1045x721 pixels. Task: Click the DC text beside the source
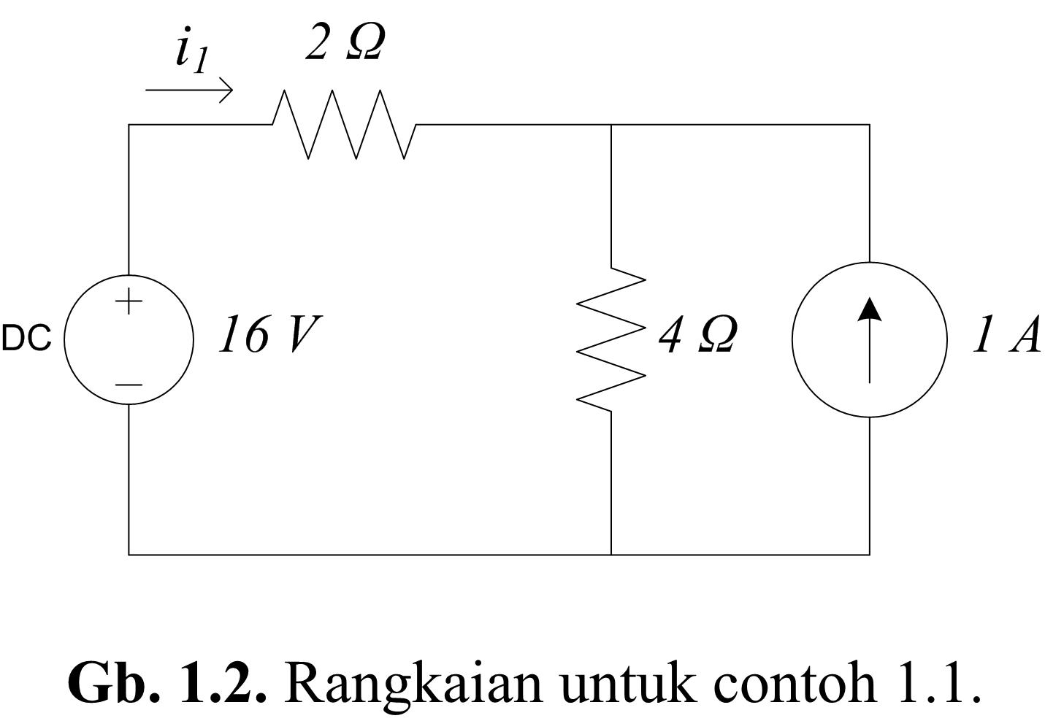pos(26,338)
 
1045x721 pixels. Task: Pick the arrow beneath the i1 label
pos(189,90)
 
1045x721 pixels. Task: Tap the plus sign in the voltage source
pos(129,301)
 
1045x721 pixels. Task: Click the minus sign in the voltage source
pos(129,385)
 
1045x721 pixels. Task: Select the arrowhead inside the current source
pos(870,309)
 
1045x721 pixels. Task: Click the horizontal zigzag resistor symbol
pos(344,125)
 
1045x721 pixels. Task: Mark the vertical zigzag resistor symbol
pos(611,340)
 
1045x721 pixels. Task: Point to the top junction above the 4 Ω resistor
pos(611,125)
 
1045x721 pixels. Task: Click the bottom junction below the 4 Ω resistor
pos(611,555)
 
